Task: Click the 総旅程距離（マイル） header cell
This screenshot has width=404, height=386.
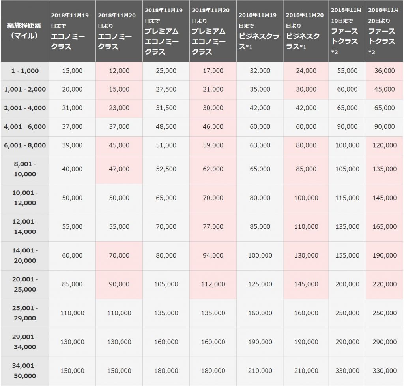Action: click(x=24, y=31)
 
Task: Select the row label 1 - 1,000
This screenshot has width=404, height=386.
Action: click(x=25, y=71)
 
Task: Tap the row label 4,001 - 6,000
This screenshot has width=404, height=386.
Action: click(x=25, y=127)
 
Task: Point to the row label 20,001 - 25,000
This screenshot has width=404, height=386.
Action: click(x=25, y=284)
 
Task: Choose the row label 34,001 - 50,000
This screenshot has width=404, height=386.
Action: click(x=25, y=371)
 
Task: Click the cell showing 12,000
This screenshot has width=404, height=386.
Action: click(x=119, y=71)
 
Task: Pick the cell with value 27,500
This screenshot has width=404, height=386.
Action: click(x=166, y=89)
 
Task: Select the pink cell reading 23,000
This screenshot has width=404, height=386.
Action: click(x=119, y=108)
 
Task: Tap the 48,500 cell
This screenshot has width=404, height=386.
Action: click(x=166, y=127)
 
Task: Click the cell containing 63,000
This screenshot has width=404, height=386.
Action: click(x=260, y=145)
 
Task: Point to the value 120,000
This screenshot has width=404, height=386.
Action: click(x=384, y=145)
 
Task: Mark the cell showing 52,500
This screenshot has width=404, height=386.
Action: click(x=166, y=169)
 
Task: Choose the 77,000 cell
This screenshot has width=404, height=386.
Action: click(x=213, y=226)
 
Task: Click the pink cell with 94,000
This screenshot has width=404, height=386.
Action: click(x=213, y=256)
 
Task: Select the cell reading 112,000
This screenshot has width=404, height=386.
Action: click(x=213, y=284)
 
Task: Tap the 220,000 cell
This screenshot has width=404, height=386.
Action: click(x=384, y=284)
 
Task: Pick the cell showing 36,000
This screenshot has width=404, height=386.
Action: click(x=384, y=71)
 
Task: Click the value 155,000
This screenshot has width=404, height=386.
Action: click(x=347, y=256)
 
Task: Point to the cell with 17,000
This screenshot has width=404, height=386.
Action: click(x=213, y=71)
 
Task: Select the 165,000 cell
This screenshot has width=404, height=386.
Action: click(x=384, y=226)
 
